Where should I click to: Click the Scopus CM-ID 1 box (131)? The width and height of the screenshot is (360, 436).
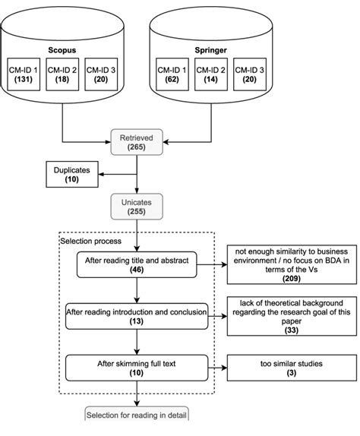24,74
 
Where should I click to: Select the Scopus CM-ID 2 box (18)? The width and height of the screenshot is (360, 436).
62,74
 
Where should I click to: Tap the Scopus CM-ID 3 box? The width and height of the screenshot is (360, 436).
101,74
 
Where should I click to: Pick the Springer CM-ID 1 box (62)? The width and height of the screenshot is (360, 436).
172,74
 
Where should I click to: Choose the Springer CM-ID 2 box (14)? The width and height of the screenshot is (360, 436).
211,74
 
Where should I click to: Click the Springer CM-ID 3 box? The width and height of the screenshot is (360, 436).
250,74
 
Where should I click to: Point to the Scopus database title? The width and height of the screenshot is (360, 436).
62,50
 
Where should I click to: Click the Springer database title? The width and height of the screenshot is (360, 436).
210,50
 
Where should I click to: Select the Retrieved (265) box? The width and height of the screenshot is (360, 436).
137,142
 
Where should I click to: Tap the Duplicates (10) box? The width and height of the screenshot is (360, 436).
72,175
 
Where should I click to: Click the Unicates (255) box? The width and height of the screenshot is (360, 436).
137,207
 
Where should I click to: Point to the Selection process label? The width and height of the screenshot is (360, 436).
91,241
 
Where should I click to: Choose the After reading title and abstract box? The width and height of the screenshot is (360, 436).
137,264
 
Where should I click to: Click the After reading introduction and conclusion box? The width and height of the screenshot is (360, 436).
137,317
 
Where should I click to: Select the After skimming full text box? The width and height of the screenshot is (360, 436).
137,368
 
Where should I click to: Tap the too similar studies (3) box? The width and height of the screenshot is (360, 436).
292,368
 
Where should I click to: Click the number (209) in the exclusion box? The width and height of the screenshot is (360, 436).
292,278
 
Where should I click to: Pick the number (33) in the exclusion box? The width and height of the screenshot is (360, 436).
292,330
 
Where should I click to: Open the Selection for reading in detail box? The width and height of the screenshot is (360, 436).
137,414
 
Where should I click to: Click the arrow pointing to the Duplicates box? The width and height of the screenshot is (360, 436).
118,175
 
